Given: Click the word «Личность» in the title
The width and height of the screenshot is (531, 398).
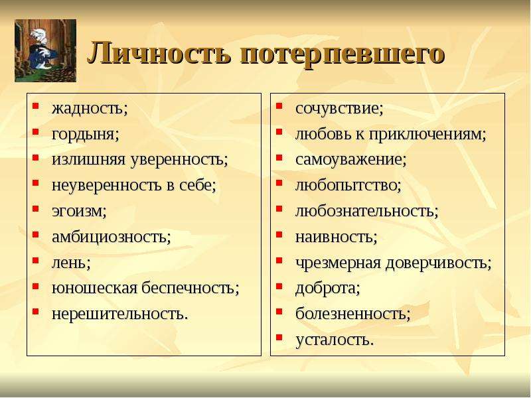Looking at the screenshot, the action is [159, 52].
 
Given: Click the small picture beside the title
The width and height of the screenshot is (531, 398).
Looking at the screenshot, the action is [45, 50].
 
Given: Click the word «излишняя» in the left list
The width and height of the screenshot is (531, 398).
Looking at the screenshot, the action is [88, 160].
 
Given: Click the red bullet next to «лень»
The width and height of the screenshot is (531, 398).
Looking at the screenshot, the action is [36, 260].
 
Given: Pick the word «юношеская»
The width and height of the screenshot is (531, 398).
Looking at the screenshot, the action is [94, 288].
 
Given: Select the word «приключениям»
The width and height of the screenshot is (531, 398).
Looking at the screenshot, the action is [427, 135].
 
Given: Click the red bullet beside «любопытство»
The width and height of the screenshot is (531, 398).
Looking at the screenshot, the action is [279, 183].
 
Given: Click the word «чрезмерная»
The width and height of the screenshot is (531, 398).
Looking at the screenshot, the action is [338, 263].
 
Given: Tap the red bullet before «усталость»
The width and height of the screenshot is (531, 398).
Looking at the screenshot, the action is [279, 337].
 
